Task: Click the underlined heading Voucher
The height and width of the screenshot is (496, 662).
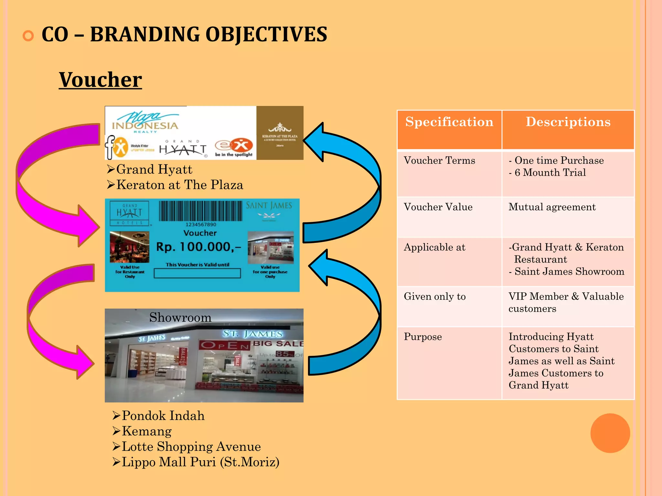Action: [x=100, y=80]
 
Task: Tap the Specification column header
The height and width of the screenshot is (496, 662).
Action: [x=449, y=122]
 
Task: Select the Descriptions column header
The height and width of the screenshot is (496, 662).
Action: [x=568, y=122]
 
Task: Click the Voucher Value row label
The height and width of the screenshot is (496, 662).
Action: [x=438, y=207]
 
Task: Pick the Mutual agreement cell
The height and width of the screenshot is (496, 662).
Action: [x=552, y=207]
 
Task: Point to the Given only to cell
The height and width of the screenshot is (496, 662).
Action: [x=435, y=296]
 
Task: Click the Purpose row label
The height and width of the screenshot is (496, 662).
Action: [x=422, y=337]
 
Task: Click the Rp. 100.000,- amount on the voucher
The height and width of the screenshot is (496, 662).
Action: [x=198, y=247]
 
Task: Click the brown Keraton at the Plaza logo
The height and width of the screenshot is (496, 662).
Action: [x=280, y=133]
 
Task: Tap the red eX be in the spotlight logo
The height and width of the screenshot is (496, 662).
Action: [x=234, y=148]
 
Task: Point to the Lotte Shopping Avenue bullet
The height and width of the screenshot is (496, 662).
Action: [x=191, y=447]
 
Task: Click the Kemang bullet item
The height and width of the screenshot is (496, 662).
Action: [x=146, y=431]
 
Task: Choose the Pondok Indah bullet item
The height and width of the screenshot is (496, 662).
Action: [x=163, y=416]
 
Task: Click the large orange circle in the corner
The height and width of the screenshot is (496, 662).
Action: [x=610, y=433]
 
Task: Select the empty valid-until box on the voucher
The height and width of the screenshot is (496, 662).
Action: [x=197, y=273]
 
